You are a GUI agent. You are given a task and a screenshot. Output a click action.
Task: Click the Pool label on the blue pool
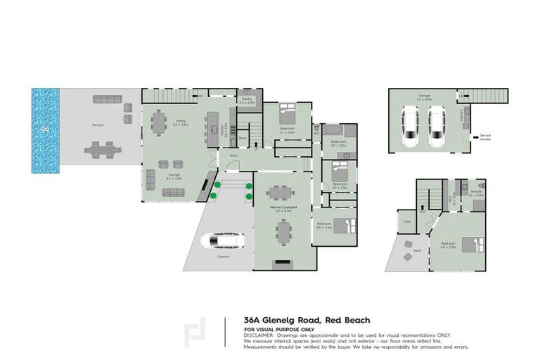click(44, 129)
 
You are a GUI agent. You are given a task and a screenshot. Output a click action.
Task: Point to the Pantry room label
click(246, 100)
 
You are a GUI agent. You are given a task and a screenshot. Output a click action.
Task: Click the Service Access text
click(485, 137)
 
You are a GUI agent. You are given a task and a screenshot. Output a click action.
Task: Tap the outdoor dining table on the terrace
click(103, 149)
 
